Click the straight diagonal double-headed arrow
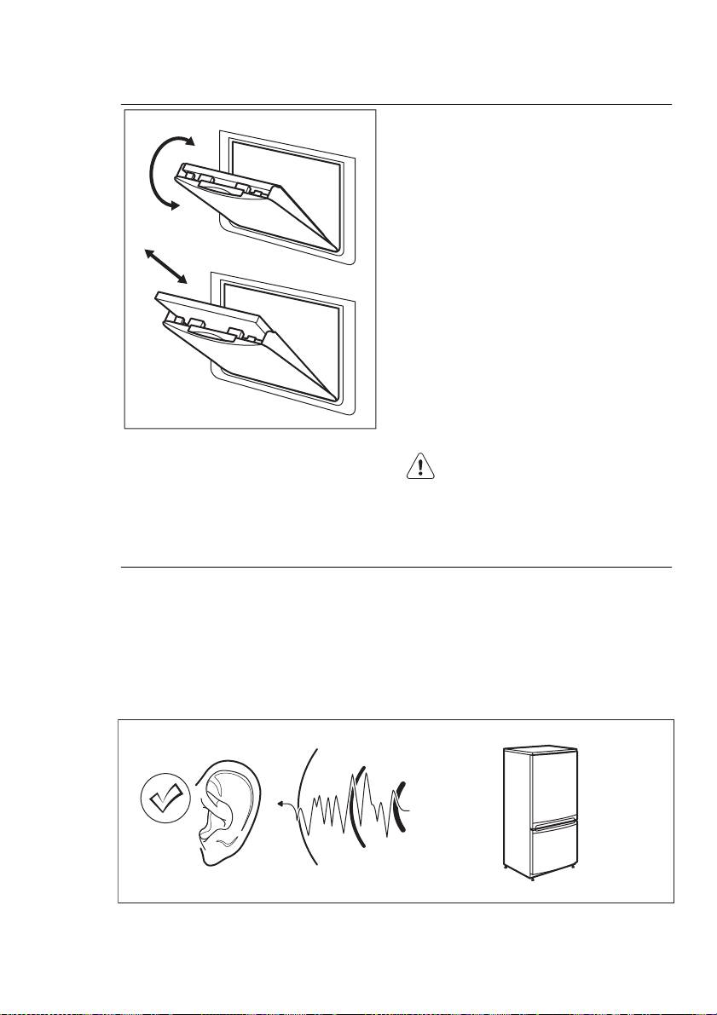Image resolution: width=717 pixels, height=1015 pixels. click(x=166, y=266)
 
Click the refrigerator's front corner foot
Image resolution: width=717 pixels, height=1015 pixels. click(x=533, y=878)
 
